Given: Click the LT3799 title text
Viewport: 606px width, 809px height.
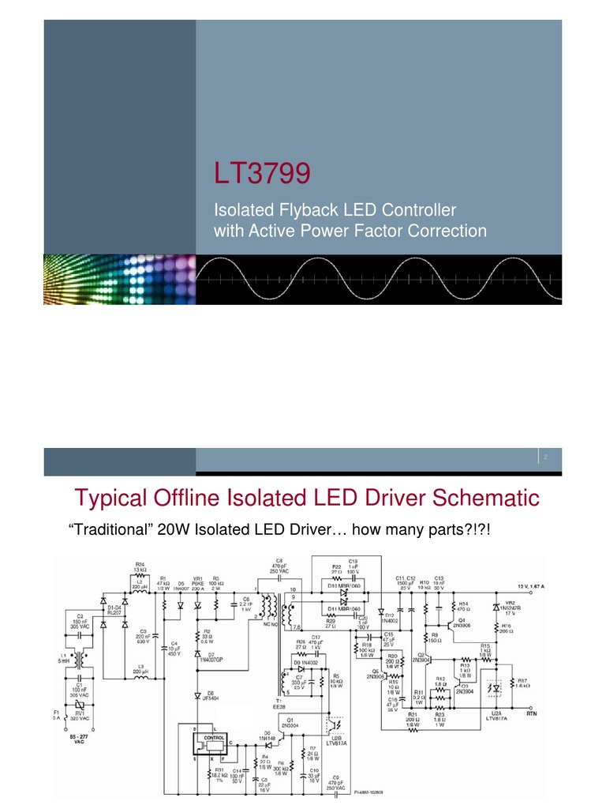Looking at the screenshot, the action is click(x=263, y=173).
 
